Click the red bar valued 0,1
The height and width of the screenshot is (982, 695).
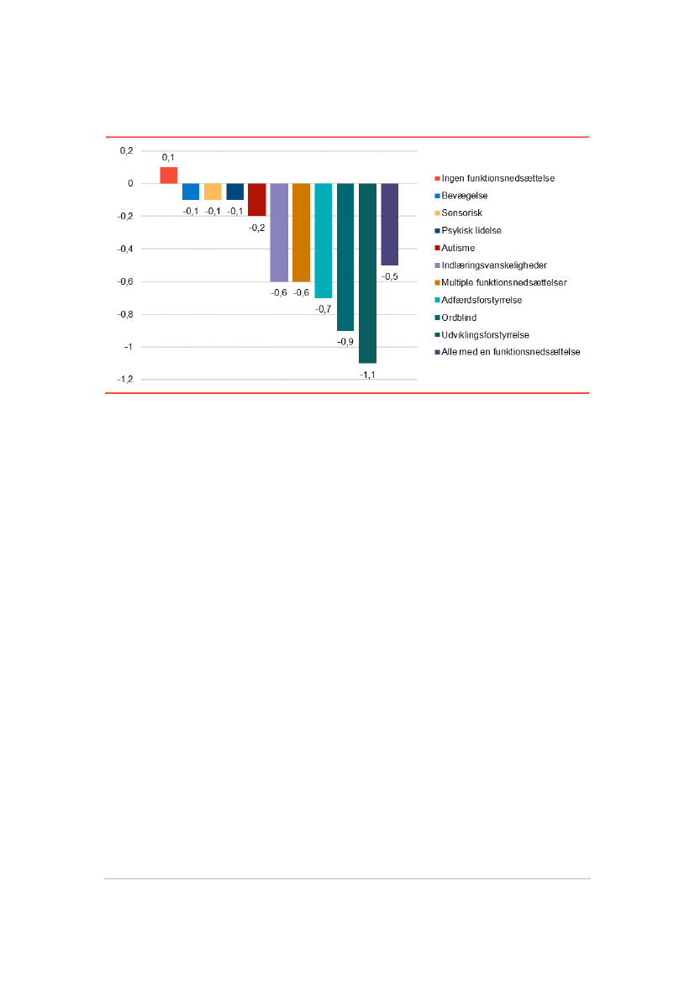coord(168,175)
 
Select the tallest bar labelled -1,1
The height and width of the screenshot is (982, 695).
coord(367,272)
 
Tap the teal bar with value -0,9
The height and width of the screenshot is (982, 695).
coord(345,256)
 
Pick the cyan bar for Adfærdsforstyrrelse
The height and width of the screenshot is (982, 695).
coord(324,240)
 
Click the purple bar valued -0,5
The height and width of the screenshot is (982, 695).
coord(389,223)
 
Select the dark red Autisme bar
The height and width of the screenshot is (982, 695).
coord(257,199)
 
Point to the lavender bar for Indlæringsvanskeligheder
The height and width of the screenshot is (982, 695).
coord(279,232)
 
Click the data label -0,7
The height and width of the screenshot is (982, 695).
coord(324,309)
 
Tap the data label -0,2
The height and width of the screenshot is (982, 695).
coord(257,227)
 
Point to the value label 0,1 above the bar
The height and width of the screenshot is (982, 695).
coord(168,157)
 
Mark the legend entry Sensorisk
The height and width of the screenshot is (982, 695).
coord(462,213)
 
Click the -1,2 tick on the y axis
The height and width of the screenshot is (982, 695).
coord(124,380)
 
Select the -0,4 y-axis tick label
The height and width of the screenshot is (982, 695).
coord(124,249)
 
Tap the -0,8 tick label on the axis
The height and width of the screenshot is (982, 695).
coord(124,314)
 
